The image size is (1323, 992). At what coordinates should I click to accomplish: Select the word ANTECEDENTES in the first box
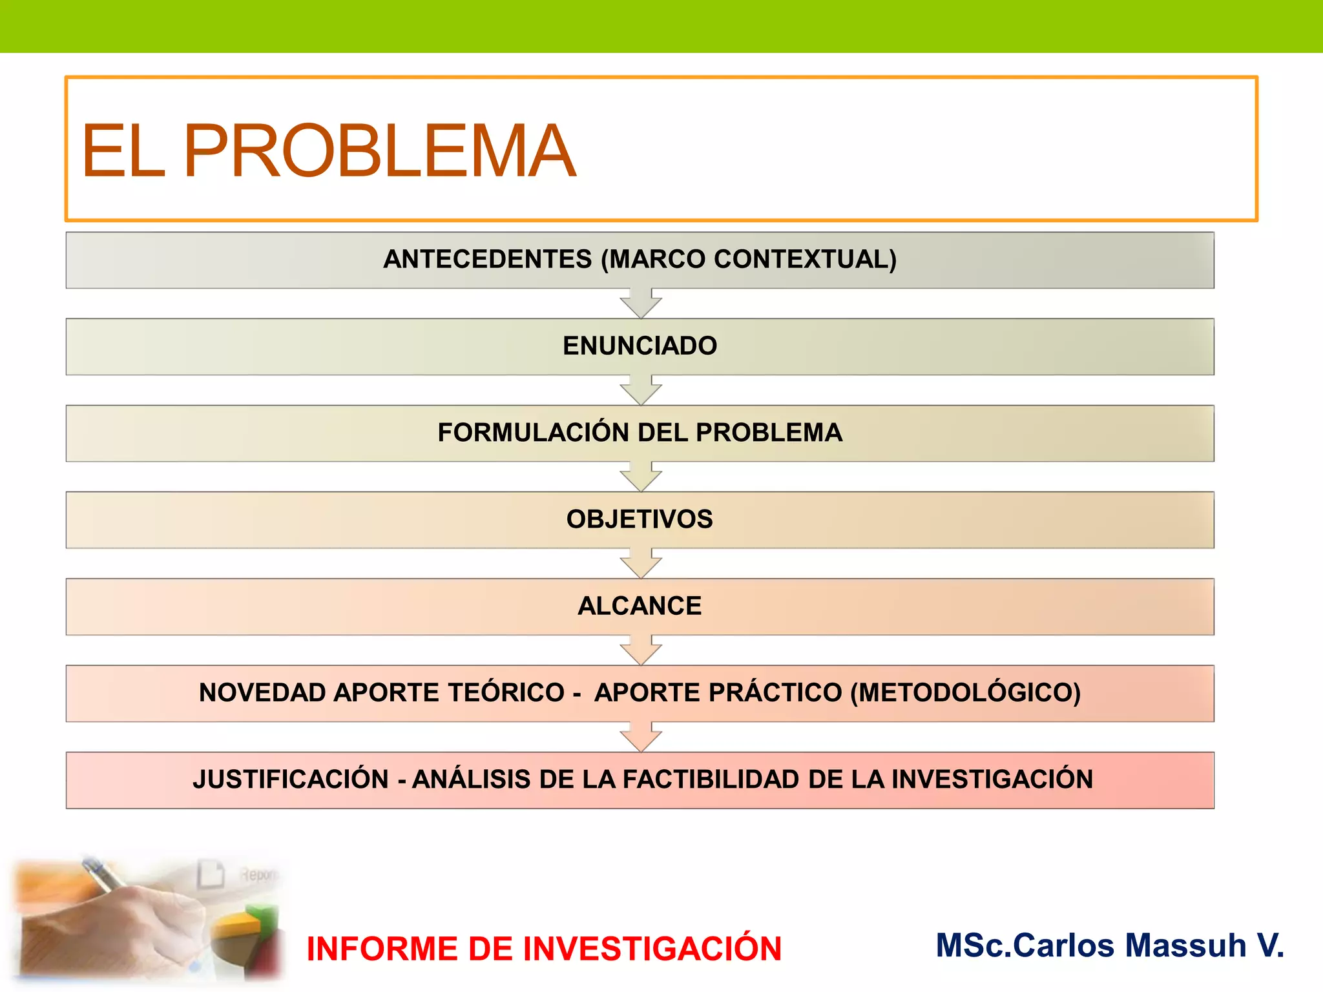click(x=488, y=259)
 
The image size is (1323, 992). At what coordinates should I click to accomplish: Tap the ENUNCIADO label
click(x=640, y=346)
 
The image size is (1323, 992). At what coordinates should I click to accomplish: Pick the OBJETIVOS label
click(x=640, y=519)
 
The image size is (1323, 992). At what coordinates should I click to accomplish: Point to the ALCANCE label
click(x=640, y=606)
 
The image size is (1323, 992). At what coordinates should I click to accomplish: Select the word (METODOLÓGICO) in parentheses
click(x=965, y=692)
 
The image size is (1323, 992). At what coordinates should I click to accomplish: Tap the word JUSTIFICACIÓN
click(x=291, y=779)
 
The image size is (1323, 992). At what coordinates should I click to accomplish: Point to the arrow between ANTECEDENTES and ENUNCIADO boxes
click(x=640, y=304)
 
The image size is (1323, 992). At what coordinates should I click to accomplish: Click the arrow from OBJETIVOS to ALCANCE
click(x=640, y=564)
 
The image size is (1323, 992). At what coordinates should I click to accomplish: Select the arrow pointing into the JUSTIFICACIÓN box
click(x=640, y=738)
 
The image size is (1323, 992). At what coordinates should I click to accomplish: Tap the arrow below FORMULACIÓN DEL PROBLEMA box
click(x=640, y=477)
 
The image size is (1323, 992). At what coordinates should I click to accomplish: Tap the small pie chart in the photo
click(x=249, y=936)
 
